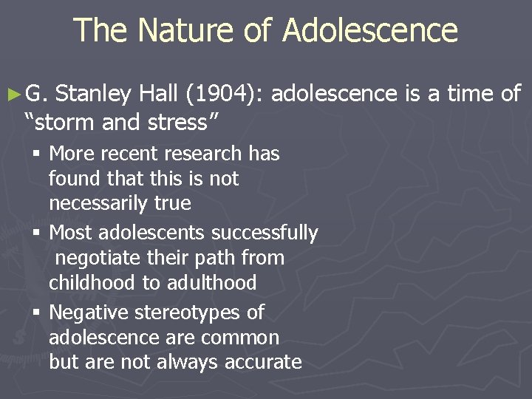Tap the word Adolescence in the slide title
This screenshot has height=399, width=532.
tap(370, 31)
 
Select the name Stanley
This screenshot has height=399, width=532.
tap(94, 94)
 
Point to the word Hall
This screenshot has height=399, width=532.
tap(160, 94)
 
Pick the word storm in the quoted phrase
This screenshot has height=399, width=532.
tap(58, 121)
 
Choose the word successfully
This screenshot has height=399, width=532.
tap(264, 233)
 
